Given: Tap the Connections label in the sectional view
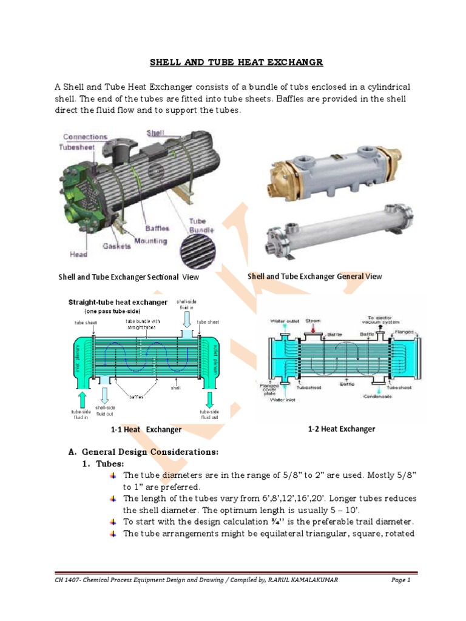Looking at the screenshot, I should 85,137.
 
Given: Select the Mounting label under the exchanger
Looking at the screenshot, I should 151,241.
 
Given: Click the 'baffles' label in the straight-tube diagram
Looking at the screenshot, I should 136,397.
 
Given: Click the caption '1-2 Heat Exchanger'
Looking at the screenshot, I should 341,429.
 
